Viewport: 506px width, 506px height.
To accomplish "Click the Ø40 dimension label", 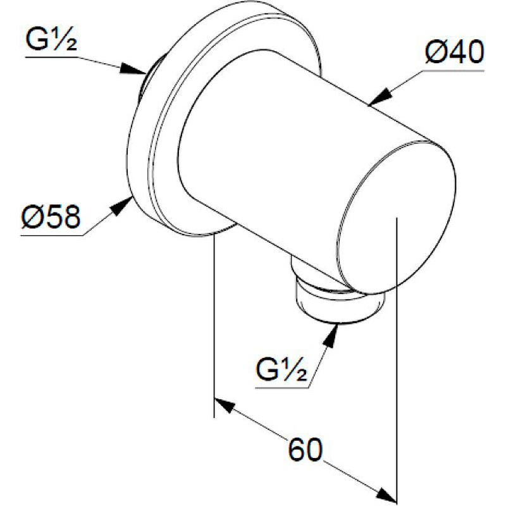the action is point(455,52).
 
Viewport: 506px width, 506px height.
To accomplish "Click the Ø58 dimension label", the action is point(51,217).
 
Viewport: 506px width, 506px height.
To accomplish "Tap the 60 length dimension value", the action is point(305,450).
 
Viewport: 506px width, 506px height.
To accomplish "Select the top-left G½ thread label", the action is point(51,39).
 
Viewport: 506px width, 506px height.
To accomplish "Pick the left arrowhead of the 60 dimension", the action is point(225,405).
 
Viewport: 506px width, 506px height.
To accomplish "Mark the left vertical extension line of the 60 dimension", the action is point(214,326).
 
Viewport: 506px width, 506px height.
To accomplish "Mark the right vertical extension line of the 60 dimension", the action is point(397,360).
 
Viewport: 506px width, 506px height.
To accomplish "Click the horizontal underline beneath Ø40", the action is point(454,70).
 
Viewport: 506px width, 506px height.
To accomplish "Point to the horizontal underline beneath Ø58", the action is point(52,235).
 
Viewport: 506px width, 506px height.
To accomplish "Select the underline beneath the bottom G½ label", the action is point(282,387).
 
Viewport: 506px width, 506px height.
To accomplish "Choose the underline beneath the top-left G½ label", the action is point(52,58).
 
